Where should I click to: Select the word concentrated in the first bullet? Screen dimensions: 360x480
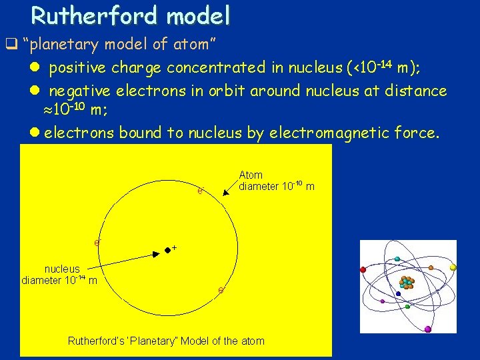pyautogui.click(x=209, y=68)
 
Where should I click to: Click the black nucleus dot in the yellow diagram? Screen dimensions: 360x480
pyautogui.click(x=167, y=251)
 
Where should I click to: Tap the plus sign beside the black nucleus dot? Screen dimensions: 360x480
pyautogui.click(x=174, y=248)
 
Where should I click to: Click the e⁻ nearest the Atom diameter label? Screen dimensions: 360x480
pyautogui.click(x=200, y=192)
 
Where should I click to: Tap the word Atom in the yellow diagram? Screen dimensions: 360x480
pyautogui.click(x=251, y=175)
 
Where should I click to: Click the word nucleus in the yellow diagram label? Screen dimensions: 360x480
pyautogui.click(x=62, y=269)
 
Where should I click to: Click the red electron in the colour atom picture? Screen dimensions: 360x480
pyautogui.click(x=363, y=270)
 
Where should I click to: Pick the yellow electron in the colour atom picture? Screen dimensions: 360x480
pyautogui.click(x=453, y=267)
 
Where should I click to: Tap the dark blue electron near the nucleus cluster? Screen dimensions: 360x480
pyautogui.click(x=398, y=293)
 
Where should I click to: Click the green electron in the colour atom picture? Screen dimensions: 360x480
pyautogui.click(x=407, y=307)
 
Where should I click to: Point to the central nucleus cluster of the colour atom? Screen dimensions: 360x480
pyautogui.click(x=407, y=282)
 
